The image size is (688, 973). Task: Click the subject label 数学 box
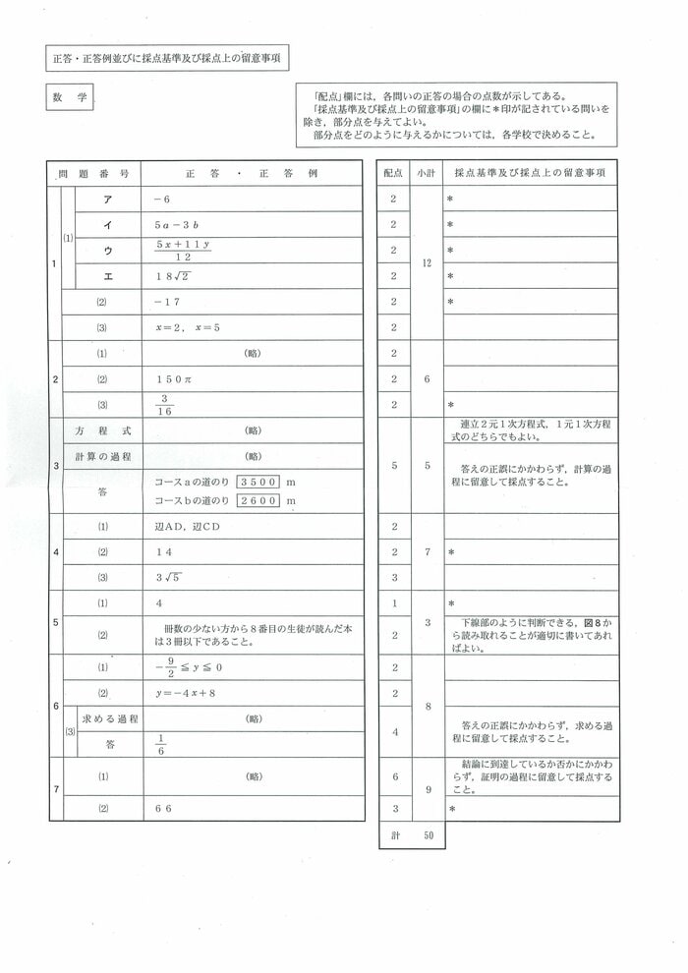[x=69, y=99]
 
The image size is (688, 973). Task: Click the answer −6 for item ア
[x=162, y=200]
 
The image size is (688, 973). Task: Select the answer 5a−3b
[x=178, y=225]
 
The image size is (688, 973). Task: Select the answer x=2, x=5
[x=188, y=327]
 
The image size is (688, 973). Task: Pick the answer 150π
[x=173, y=378]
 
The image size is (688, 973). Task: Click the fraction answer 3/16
[x=164, y=404]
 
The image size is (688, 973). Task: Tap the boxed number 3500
[x=260, y=483]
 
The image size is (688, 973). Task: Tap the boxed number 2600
[x=260, y=501]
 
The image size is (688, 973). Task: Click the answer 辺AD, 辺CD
[x=189, y=527]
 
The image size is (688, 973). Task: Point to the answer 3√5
[x=169, y=577]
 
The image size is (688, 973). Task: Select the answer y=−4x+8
[x=187, y=693]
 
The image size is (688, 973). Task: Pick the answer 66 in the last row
[x=164, y=808]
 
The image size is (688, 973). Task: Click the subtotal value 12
[x=427, y=263]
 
